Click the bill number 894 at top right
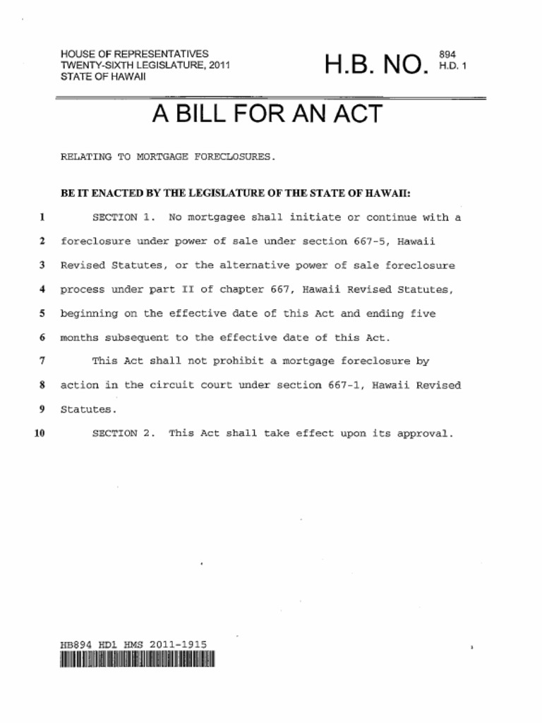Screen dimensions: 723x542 [447, 54]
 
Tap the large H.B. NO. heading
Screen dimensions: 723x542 [376, 66]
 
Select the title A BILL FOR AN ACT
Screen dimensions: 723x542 [267, 114]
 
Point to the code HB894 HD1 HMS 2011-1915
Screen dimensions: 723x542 [133, 644]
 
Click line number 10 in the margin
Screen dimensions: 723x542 [40, 434]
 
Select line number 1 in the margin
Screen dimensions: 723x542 [42, 217]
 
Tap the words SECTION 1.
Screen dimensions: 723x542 [124, 217]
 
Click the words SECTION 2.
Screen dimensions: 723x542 [124, 434]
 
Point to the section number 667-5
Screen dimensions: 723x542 [369, 241]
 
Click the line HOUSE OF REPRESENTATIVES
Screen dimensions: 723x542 [134, 54]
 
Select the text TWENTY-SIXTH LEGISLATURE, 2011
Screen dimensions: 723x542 [145, 65]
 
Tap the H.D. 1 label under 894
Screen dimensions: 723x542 [452, 66]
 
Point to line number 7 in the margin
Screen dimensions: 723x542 [42, 361]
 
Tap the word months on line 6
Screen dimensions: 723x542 [79, 337]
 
